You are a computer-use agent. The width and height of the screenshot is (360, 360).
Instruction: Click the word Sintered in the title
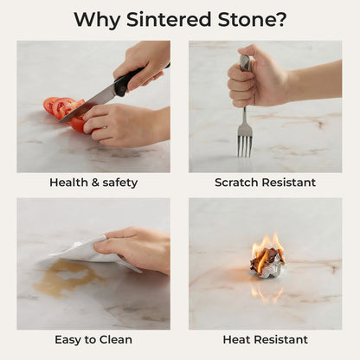169,19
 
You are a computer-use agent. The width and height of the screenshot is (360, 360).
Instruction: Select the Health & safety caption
93,183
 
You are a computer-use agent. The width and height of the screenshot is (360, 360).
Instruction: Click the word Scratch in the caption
236,183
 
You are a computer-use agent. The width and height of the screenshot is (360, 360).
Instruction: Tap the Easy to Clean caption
93,339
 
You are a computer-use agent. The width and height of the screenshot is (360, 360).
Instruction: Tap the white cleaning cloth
89,251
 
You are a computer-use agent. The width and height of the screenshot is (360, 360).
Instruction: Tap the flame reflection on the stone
267,292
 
